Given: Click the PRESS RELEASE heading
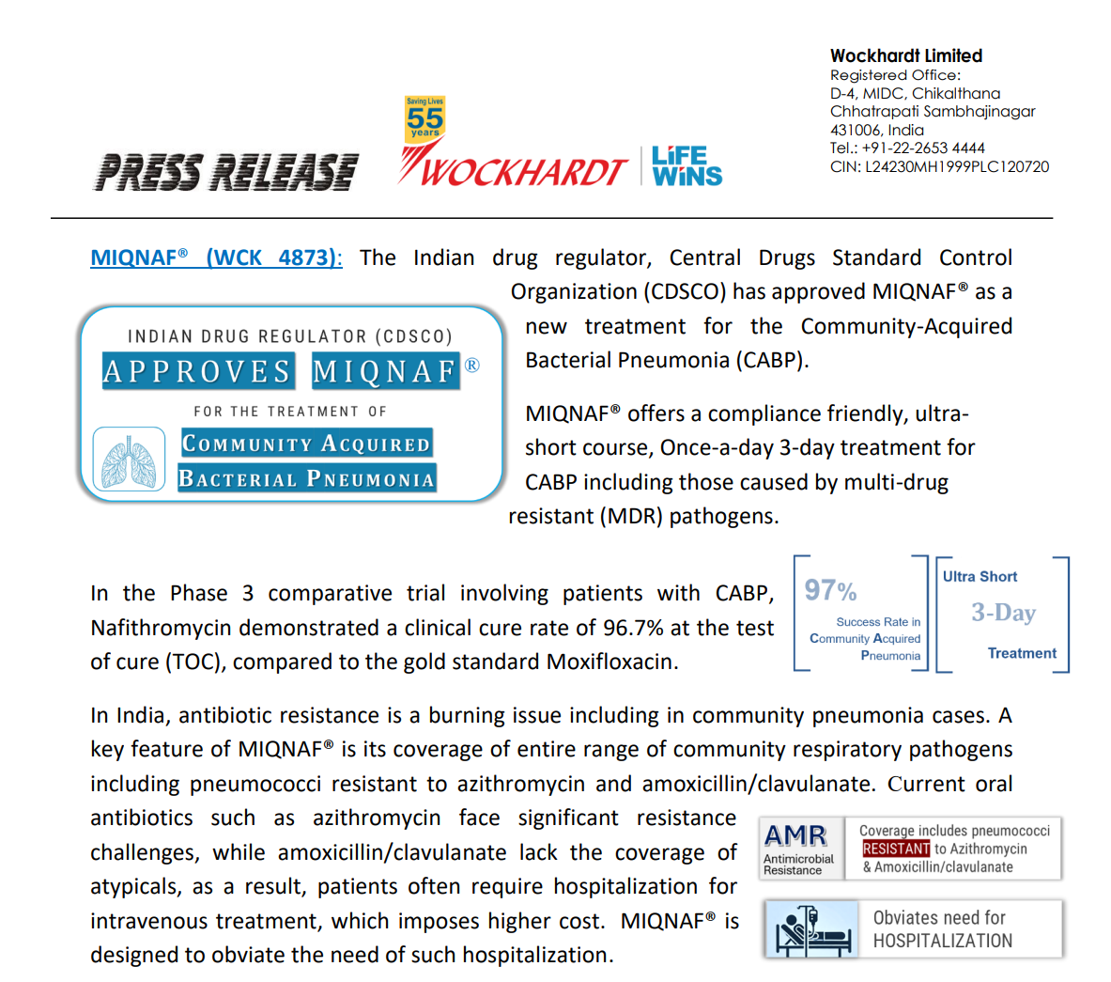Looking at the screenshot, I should coord(225,172).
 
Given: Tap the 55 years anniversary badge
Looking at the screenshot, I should coord(424,118).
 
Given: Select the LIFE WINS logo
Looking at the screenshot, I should coord(687,166).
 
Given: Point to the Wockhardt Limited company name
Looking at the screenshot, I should coord(905,56).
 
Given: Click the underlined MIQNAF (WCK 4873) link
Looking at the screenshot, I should coord(216,257).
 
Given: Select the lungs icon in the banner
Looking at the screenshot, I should coord(129,460).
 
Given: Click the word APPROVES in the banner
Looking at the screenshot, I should coord(198,371).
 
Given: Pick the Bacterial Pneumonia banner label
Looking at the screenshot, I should coord(307,478).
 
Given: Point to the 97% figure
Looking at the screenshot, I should coord(830,590).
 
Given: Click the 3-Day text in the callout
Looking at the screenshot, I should coord(1003,613).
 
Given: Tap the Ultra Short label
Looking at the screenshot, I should coord(980,577).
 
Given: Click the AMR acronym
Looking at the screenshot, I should coord(795,835).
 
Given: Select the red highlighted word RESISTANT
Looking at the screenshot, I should coord(896,849).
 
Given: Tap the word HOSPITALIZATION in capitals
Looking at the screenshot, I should coord(942,941).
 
